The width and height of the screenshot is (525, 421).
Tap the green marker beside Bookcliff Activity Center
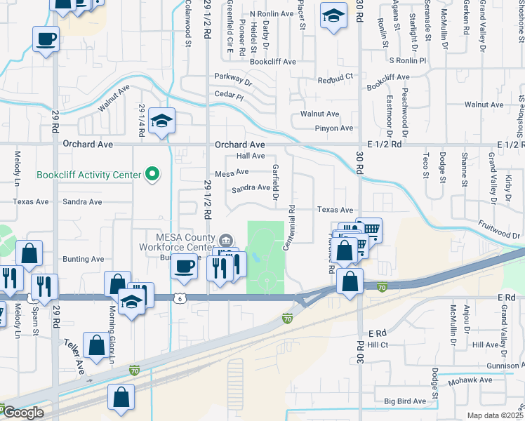pos(151,175)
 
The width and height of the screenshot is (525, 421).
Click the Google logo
pos(22,413)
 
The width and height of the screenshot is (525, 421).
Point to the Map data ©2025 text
pos(496,415)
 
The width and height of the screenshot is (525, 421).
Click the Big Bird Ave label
pos(405,401)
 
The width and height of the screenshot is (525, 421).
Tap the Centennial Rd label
pos(287,229)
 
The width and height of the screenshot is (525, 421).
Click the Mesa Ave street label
pos(232,172)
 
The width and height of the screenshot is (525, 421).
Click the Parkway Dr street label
pos(233,79)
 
